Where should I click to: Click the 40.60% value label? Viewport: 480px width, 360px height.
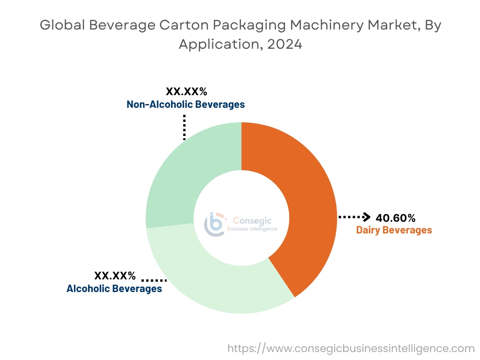[395, 218]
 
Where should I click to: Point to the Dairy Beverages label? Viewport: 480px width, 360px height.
[394, 230]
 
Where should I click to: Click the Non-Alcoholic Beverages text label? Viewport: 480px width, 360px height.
[186, 105]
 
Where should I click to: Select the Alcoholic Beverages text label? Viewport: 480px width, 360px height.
[114, 289]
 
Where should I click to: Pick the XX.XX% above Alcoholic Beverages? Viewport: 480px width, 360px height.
[115, 276]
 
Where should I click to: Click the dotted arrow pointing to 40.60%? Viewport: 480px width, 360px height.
[354, 217]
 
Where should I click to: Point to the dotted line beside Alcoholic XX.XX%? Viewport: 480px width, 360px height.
[154, 280]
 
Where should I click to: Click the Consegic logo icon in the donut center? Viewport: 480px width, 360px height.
[215, 224]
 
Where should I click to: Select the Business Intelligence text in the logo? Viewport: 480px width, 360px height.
[252, 229]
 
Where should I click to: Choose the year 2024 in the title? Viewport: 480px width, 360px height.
[283, 45]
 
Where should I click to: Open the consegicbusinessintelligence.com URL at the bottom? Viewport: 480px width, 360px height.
[351, 349]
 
